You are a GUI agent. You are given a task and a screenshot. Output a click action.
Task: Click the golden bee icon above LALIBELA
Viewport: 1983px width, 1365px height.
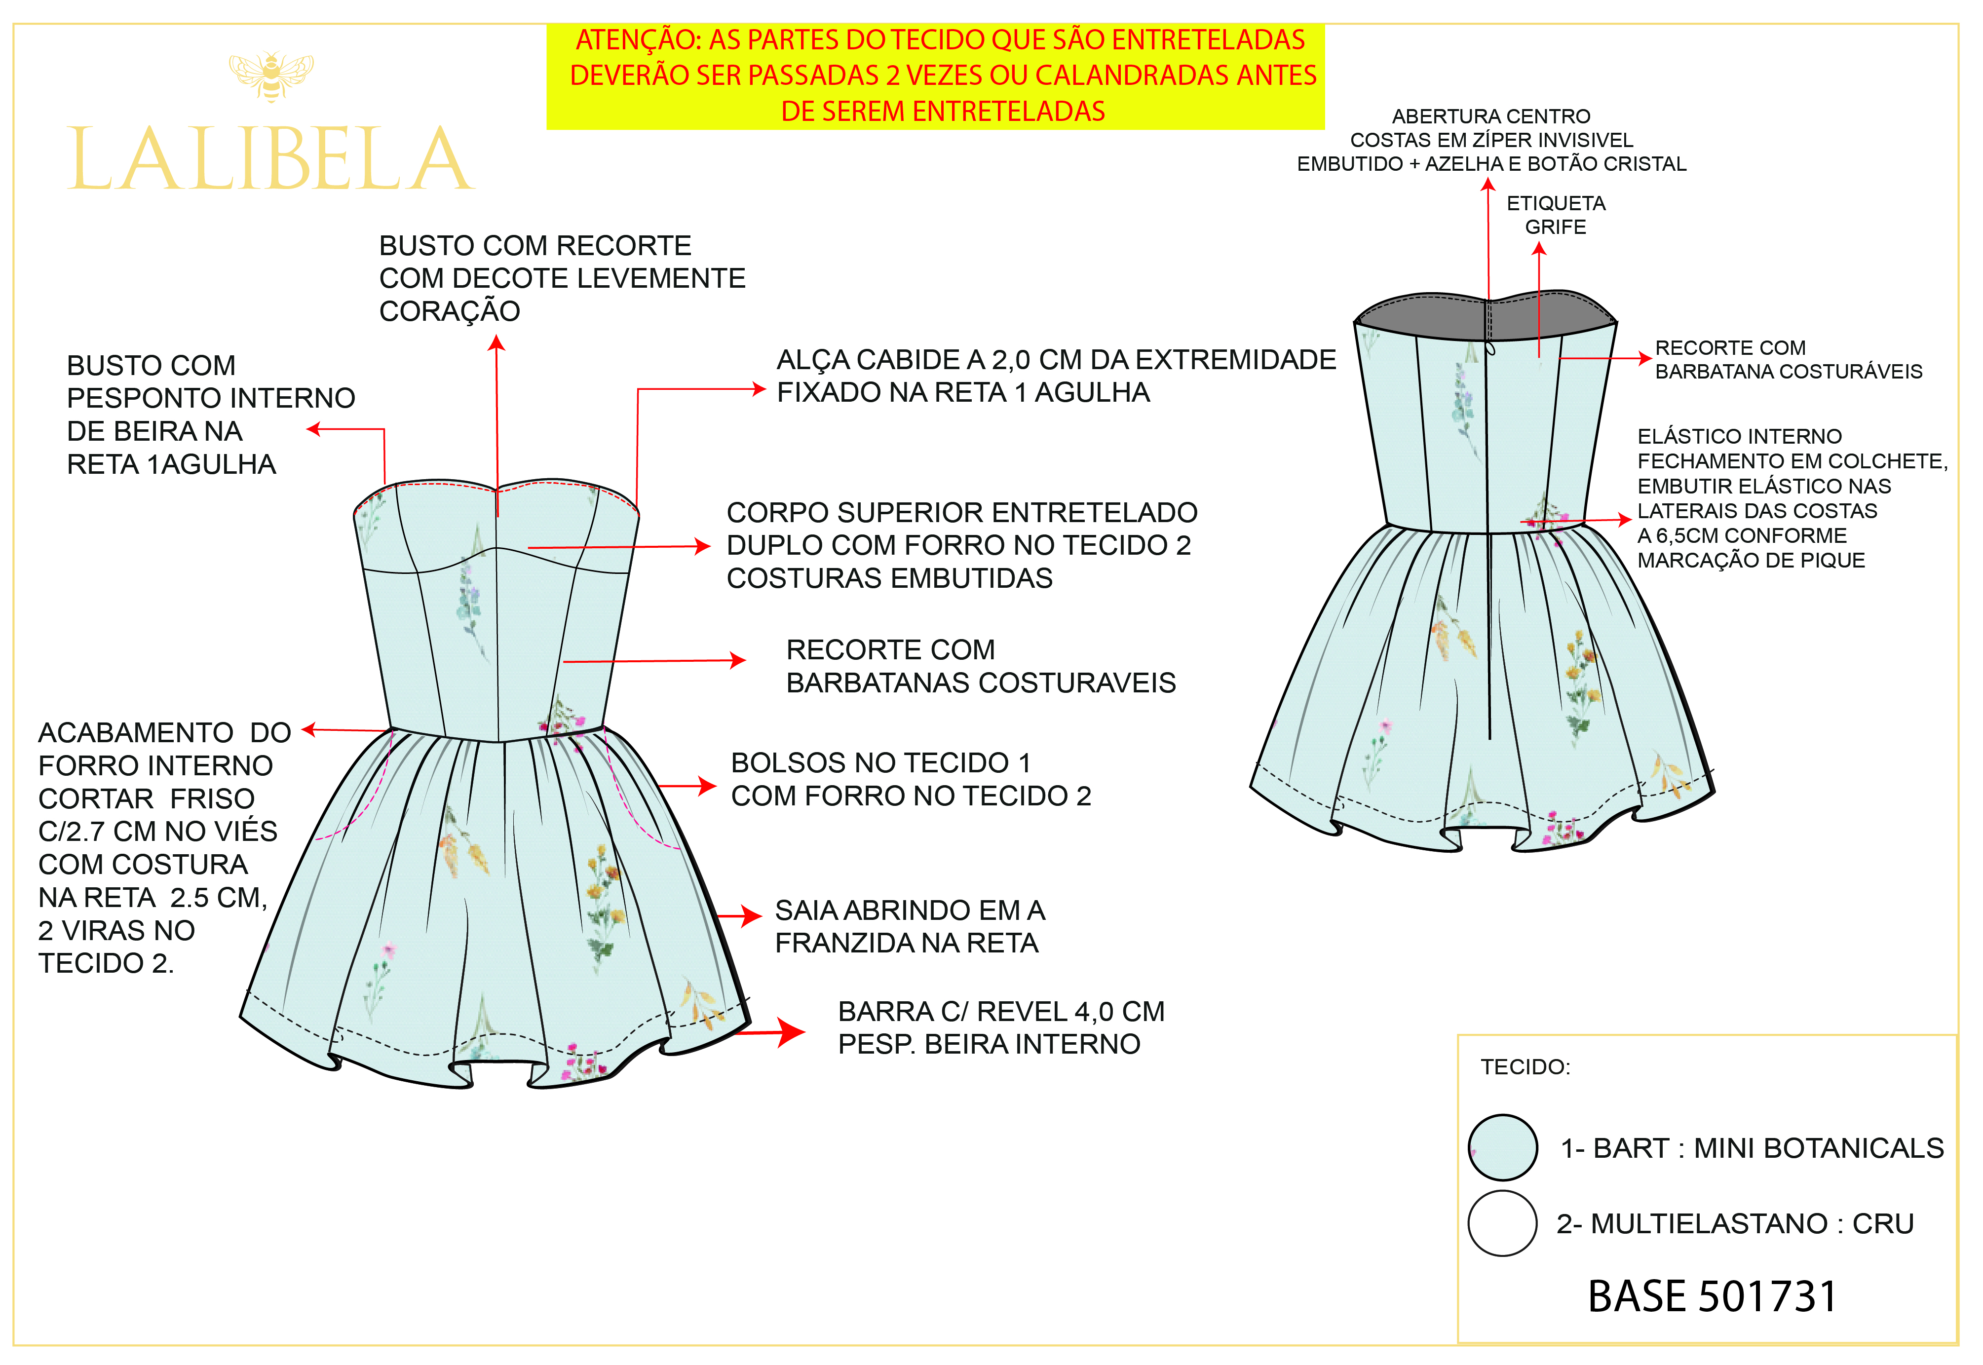[x=271, y=76]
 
